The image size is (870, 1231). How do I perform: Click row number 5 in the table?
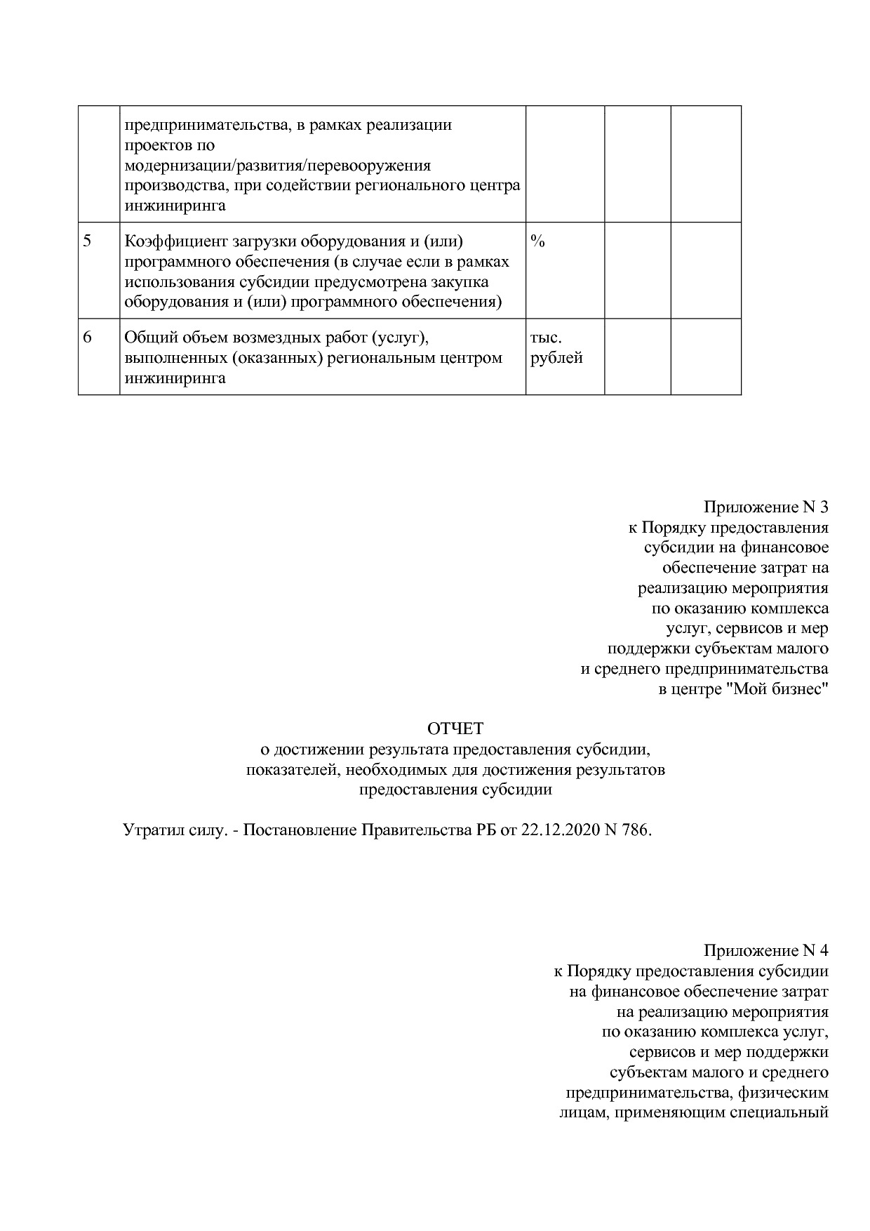[x=88, y=241]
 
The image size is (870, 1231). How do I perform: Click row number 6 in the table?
[x=88, y=338]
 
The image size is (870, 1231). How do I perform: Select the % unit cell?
[x=538, y=241]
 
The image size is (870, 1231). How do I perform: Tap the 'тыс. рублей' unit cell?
[x=556, y=348]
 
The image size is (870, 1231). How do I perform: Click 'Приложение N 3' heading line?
[x=766, y=507]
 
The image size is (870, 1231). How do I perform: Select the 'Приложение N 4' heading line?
[x=766, y=951]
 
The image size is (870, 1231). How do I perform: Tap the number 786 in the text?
[x=636, y=830]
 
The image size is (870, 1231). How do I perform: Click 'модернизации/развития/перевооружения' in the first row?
[x=278, y=166]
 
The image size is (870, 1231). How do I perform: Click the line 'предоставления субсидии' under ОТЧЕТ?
[x=455, y=790]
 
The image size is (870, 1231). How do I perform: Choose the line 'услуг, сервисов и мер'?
[x=747, y=628]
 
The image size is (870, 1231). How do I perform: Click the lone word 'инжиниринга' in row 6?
[x=175, y=378]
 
